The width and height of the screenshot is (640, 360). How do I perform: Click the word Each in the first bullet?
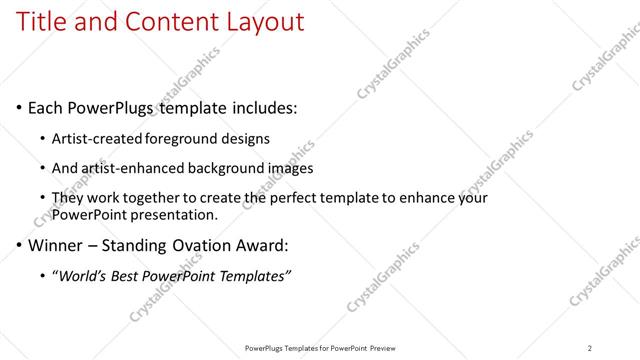pyautogui.click(x=47, y=107)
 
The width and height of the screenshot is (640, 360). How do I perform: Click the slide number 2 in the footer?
pyautogui.click(x=589, y=348)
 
